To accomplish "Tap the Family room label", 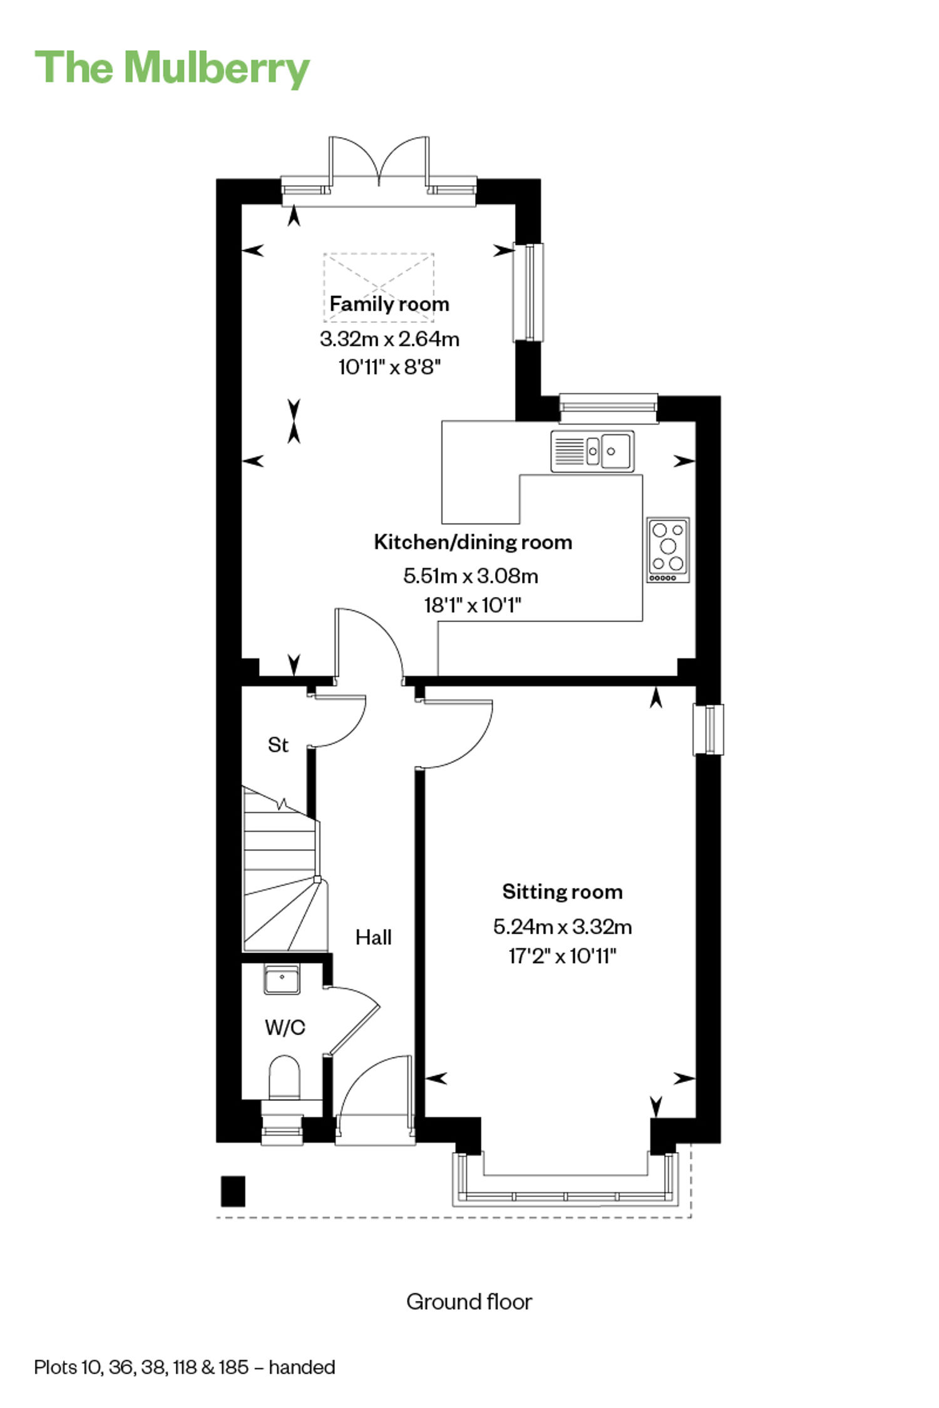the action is coord(389,304).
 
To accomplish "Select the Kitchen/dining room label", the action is coord(473,542).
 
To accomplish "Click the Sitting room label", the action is coord(562,892).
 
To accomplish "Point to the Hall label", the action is coord(374,937).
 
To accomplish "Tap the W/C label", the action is coord(285,1027).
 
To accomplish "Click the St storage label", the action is coord(278,745).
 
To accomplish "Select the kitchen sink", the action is coord(592,451).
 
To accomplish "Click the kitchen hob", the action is coord(669,549).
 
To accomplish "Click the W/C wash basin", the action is coord(282,979).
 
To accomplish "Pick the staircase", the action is coord(285,870).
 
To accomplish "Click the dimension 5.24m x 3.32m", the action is coord(562,926).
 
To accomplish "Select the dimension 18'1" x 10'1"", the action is coord(473,605).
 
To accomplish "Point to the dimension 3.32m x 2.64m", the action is coord(389,339).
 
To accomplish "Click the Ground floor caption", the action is coord(469,1302).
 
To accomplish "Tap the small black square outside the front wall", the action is coord(233,1191).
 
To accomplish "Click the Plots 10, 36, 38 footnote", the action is coord(185,1367).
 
